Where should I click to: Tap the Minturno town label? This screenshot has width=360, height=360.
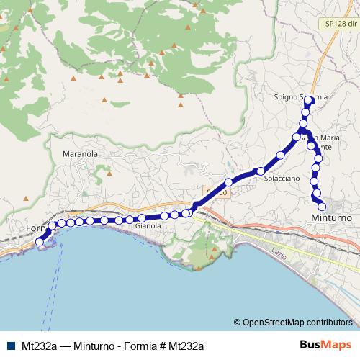point(330,217)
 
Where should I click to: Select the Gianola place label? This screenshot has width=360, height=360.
point(149,225)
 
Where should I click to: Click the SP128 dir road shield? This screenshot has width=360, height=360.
point(338,24)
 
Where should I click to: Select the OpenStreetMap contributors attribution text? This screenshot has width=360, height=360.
point(297,323)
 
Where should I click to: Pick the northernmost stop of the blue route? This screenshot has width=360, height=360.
point(309,101)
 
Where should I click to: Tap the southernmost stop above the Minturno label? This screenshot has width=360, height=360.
point(322,207)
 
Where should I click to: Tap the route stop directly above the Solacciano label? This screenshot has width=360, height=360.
point(261,171)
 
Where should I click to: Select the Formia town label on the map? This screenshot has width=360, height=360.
point(35,228)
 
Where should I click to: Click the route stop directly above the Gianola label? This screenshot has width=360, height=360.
point(143,217)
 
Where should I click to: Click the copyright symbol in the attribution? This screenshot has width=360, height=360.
point(238,323)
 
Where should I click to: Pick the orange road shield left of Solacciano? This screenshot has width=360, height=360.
point(215,193)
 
